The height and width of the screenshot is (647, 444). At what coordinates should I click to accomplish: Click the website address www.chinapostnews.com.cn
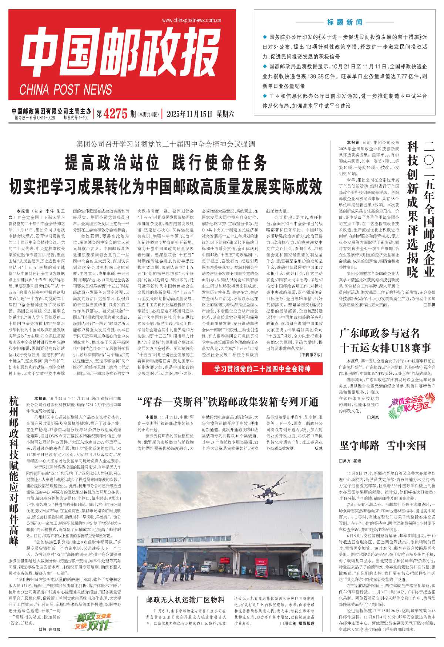(x=191, y=20)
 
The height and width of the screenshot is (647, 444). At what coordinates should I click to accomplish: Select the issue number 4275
(x=115, y=114)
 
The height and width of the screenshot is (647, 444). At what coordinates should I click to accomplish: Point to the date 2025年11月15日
(x=189, y=114)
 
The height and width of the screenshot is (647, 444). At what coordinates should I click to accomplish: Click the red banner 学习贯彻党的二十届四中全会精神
(x=262, y=369)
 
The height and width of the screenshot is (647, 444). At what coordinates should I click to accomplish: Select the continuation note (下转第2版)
(x=310, y=355)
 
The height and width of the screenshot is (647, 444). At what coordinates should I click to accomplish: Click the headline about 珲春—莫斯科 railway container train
(x=228, y=402)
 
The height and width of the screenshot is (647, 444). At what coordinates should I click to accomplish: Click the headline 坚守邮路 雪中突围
(x=383, y=446)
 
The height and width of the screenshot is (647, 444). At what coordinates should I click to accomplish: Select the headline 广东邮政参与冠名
(x=379, y=333)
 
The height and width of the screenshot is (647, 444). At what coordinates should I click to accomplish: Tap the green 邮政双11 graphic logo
(x=91, y=621)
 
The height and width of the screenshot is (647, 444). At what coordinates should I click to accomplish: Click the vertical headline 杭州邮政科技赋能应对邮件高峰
(x=14, y=470)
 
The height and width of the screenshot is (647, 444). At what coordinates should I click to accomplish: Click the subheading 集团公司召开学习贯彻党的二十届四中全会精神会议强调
(x=165, y=144)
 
